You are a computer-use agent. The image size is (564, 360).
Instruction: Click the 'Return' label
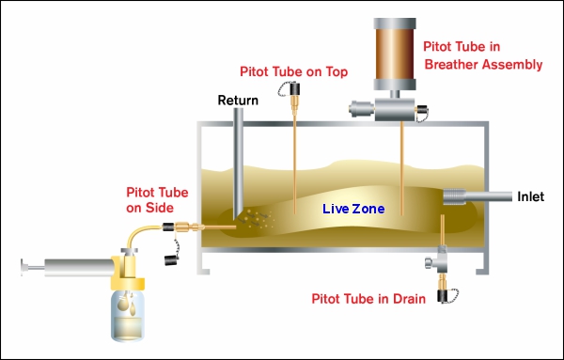(x=237, y=100)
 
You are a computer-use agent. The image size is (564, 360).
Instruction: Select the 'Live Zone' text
(x=352, y=209)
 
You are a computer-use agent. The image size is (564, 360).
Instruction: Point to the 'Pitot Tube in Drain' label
(x=370, y=299)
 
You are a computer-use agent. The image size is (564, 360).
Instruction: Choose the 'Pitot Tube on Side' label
(x=149, y=199)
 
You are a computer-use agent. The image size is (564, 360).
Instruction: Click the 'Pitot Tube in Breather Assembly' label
(x=482, y=55)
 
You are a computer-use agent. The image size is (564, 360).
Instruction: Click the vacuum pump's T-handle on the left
(x=23, y=269)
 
